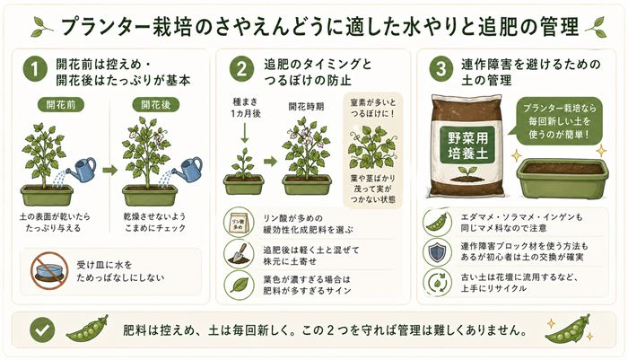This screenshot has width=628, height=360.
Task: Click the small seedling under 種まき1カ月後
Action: click(x=243, y=164)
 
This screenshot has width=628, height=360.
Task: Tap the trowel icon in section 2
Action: click(x=238, y=255)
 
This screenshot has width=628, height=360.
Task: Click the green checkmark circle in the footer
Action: click(x=35, y=329)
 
